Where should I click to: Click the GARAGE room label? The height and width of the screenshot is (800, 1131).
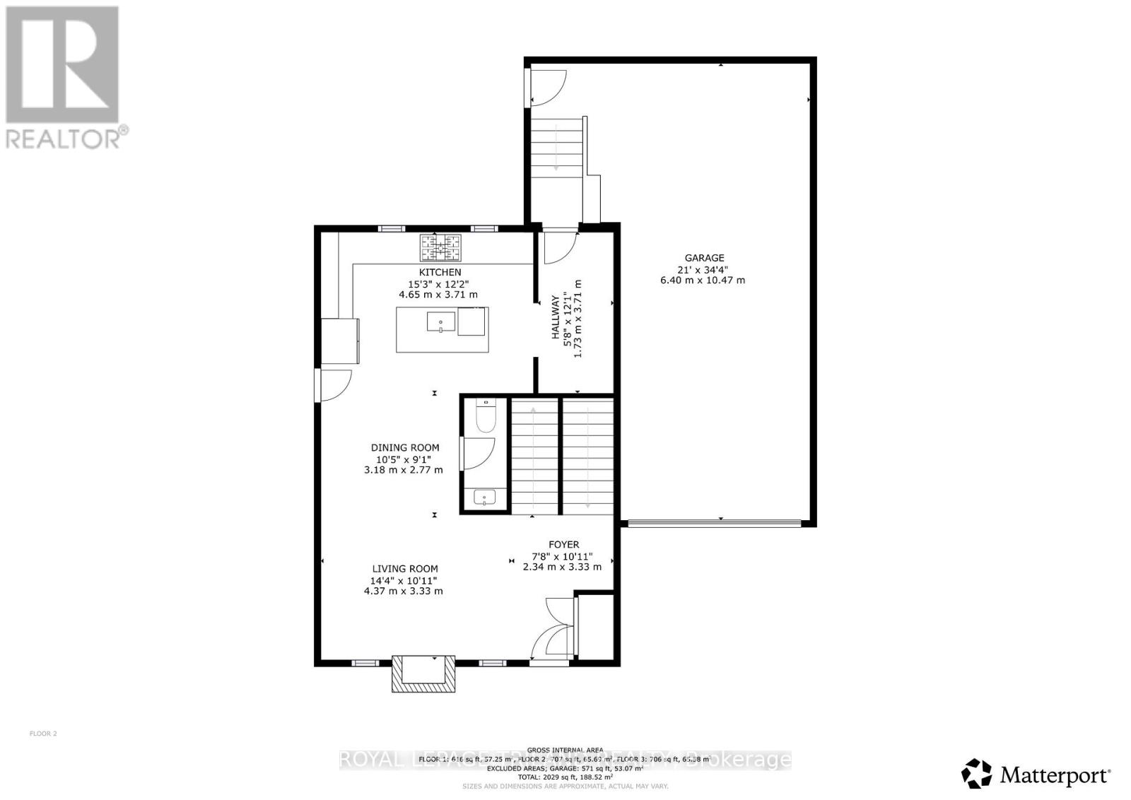click(704, 258)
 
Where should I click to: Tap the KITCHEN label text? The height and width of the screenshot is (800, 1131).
click(440, 272)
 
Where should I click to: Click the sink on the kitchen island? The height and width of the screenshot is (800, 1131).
click(441, 322)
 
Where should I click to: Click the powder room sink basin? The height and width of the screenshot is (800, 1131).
click(485, 498)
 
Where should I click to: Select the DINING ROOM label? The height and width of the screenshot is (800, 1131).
click(405, 447)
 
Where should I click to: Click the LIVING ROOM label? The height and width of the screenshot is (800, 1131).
click(405, 568)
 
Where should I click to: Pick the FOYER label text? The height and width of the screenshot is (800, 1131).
click(563, 544)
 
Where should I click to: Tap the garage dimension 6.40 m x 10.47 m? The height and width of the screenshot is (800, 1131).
click(702, 280)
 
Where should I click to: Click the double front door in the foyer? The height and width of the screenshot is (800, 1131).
click(553, 631)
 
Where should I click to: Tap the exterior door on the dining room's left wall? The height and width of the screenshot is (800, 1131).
click(334, 384)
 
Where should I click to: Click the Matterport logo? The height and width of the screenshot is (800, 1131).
click(1036, 775)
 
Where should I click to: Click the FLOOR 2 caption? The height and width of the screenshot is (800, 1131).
click(43, 734)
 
